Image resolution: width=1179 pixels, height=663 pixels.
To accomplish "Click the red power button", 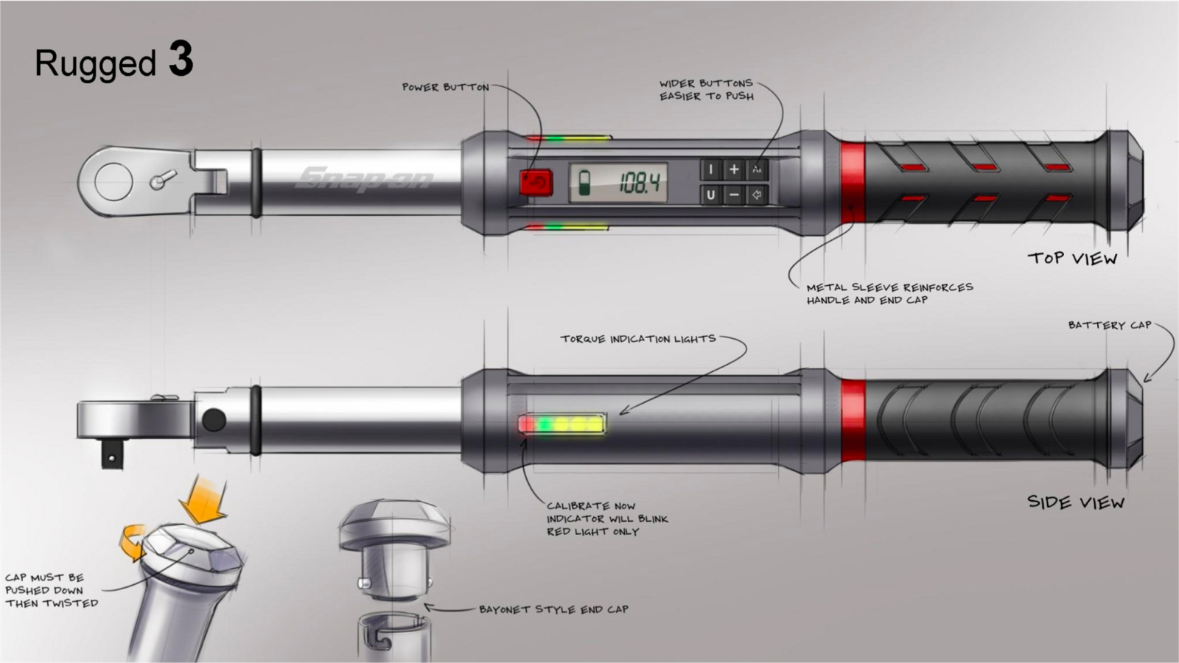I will (536, 183).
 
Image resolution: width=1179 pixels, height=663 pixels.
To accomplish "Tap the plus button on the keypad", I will (734, 169).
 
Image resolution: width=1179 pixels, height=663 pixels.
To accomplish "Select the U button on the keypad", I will (710, 195).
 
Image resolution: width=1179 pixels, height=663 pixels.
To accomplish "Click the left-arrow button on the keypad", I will (757, 195).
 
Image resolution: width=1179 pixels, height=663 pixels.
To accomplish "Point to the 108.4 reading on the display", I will (639, 183).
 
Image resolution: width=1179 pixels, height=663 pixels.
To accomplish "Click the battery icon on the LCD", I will (584, 183).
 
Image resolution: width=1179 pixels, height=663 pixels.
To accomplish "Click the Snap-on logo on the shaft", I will (365, 178).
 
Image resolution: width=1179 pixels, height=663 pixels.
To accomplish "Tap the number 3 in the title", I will (181, 59).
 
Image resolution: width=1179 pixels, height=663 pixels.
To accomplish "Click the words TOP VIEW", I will (1072, 258).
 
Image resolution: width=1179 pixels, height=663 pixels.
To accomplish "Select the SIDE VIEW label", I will (1075, 502).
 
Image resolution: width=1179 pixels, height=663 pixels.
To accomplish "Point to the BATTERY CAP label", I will (1109, 325).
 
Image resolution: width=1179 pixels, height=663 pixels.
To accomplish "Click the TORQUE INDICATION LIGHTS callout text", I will (637, 339).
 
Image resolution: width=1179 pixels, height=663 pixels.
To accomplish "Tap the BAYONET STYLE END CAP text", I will (553, 609).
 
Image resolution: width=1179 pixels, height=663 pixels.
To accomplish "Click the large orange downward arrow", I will (203, 500).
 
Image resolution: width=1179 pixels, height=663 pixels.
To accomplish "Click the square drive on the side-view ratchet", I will (111, 457).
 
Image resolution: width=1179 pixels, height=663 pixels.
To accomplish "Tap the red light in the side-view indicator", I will (526, 424).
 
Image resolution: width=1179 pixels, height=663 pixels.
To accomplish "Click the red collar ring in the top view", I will (853, 183).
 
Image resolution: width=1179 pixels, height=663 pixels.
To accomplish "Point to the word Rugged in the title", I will (96, 64).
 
